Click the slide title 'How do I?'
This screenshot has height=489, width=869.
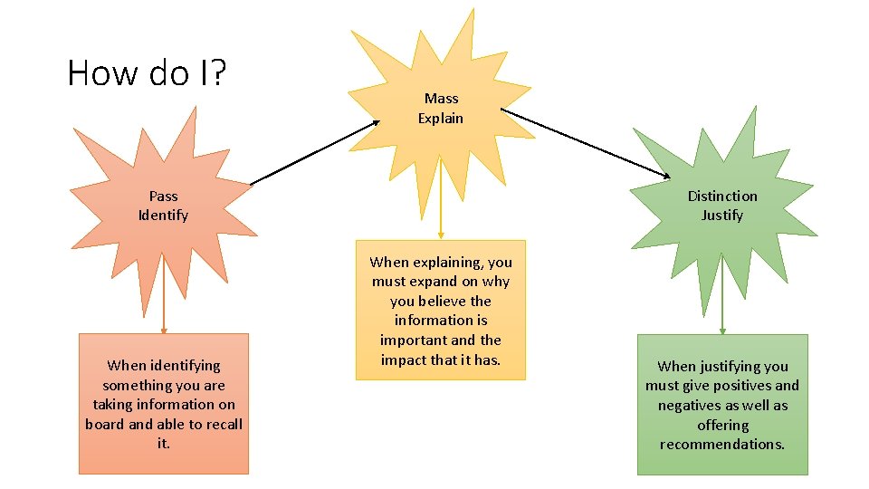point(146,72)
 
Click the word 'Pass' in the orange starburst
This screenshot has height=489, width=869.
point(163,196)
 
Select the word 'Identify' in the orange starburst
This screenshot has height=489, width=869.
point(163,216)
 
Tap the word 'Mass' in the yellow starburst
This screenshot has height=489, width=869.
point(441,98)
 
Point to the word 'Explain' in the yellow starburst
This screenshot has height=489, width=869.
point(441,118)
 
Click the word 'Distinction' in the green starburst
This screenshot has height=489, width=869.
point(721,196)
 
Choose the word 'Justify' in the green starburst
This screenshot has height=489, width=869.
point(721,216)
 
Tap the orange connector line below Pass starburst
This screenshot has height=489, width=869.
point(164,294)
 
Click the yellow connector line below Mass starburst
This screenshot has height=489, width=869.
point(440,199)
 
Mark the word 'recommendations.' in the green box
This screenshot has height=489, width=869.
point(721,445)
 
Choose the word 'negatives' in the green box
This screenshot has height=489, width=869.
point(690,406)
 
